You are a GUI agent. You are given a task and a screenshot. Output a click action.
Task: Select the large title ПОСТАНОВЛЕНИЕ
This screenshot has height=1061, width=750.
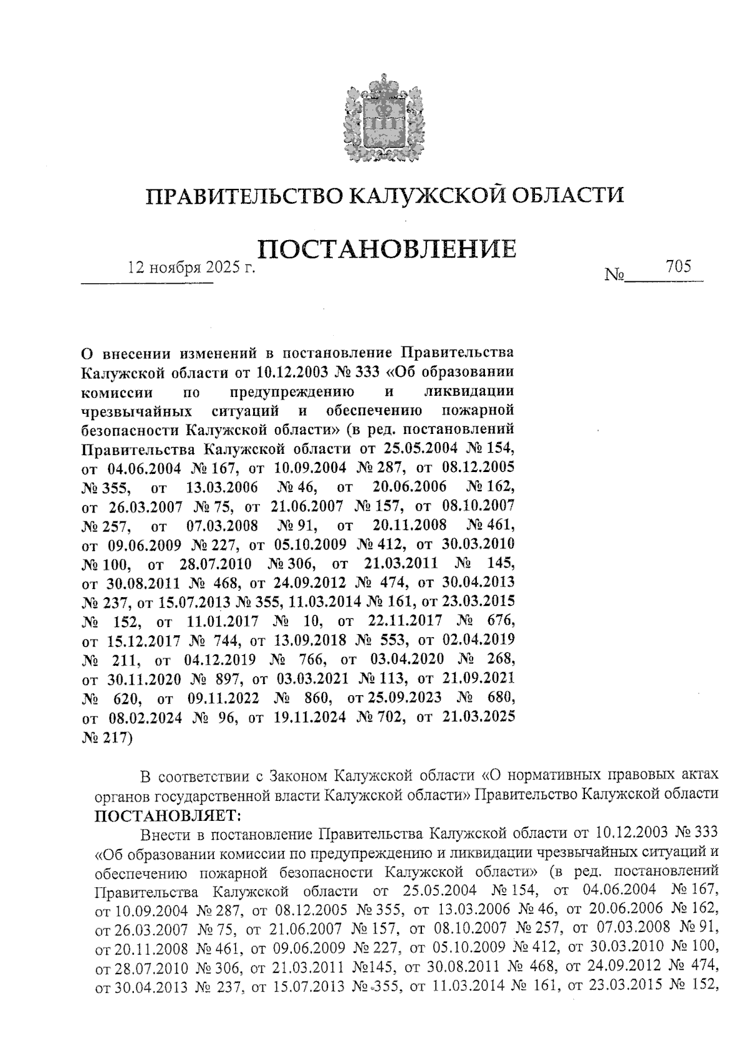pos(387,249)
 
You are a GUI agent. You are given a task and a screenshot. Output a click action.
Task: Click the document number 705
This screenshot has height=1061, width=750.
pos(678,267)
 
